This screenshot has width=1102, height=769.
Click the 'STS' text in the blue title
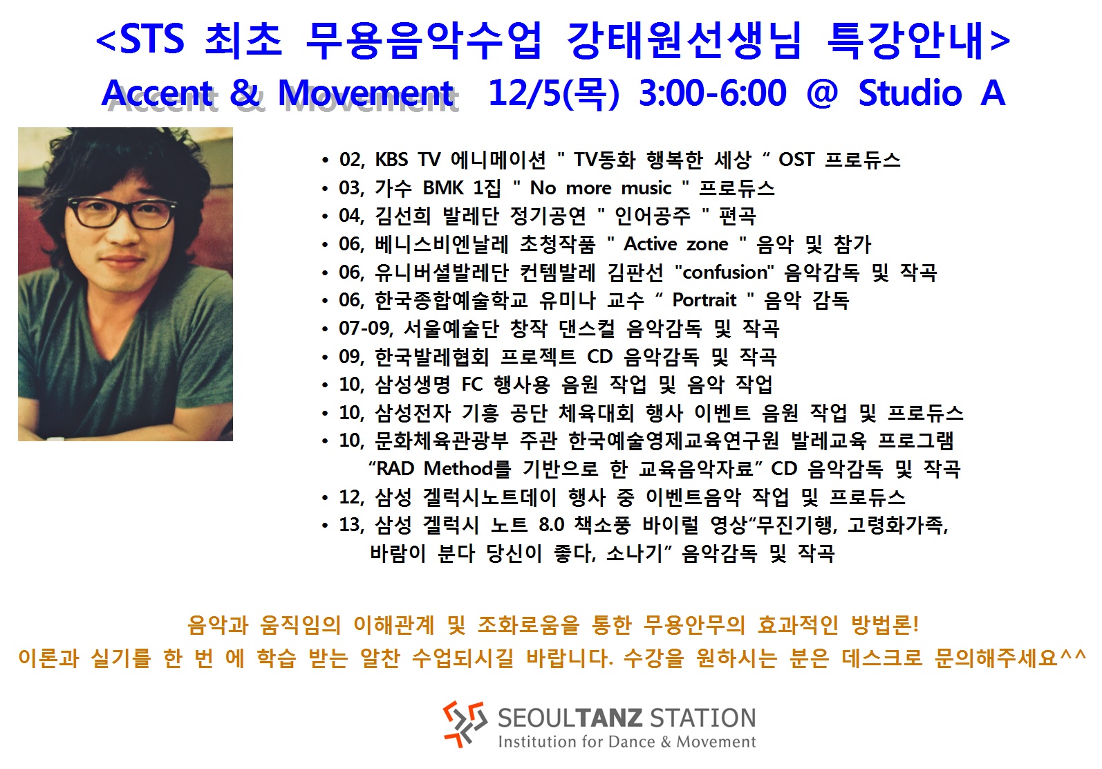pyautogui.click(x=152, y=38)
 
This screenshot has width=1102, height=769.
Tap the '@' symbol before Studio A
pyautogui.click(x=822, y=93)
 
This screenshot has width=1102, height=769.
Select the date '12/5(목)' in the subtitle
pyautogui.click(x=554, y=93)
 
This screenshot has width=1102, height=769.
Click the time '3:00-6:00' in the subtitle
pyautogui.click(x=713, y=93)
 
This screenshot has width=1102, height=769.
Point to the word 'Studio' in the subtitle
pyautogui.click(x=910, y=93)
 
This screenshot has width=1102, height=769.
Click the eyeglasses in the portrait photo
pyautogui.click(x=122, y=212)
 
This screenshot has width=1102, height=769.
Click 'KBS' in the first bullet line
pyautogui.click(x=391, y=160)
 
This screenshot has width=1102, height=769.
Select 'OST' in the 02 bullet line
pyautogui.click(x=796, y=160)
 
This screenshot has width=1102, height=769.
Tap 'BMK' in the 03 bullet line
pyautogui.click(x=442, y=188)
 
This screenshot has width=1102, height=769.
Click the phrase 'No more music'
pyautogui.click(x=601, y=188)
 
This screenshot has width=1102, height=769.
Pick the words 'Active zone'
pyautogui.click(x=676, y=244)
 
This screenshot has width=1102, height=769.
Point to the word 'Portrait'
pyautogui.click(x=704, y=300)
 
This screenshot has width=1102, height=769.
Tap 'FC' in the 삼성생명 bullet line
pyautogui.click(x=472, y=384)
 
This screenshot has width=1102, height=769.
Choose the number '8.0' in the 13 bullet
pyautogui.click(x=552, y=525)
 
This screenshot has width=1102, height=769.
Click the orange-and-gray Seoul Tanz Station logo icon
pyautogui.click(x=465, y=724)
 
